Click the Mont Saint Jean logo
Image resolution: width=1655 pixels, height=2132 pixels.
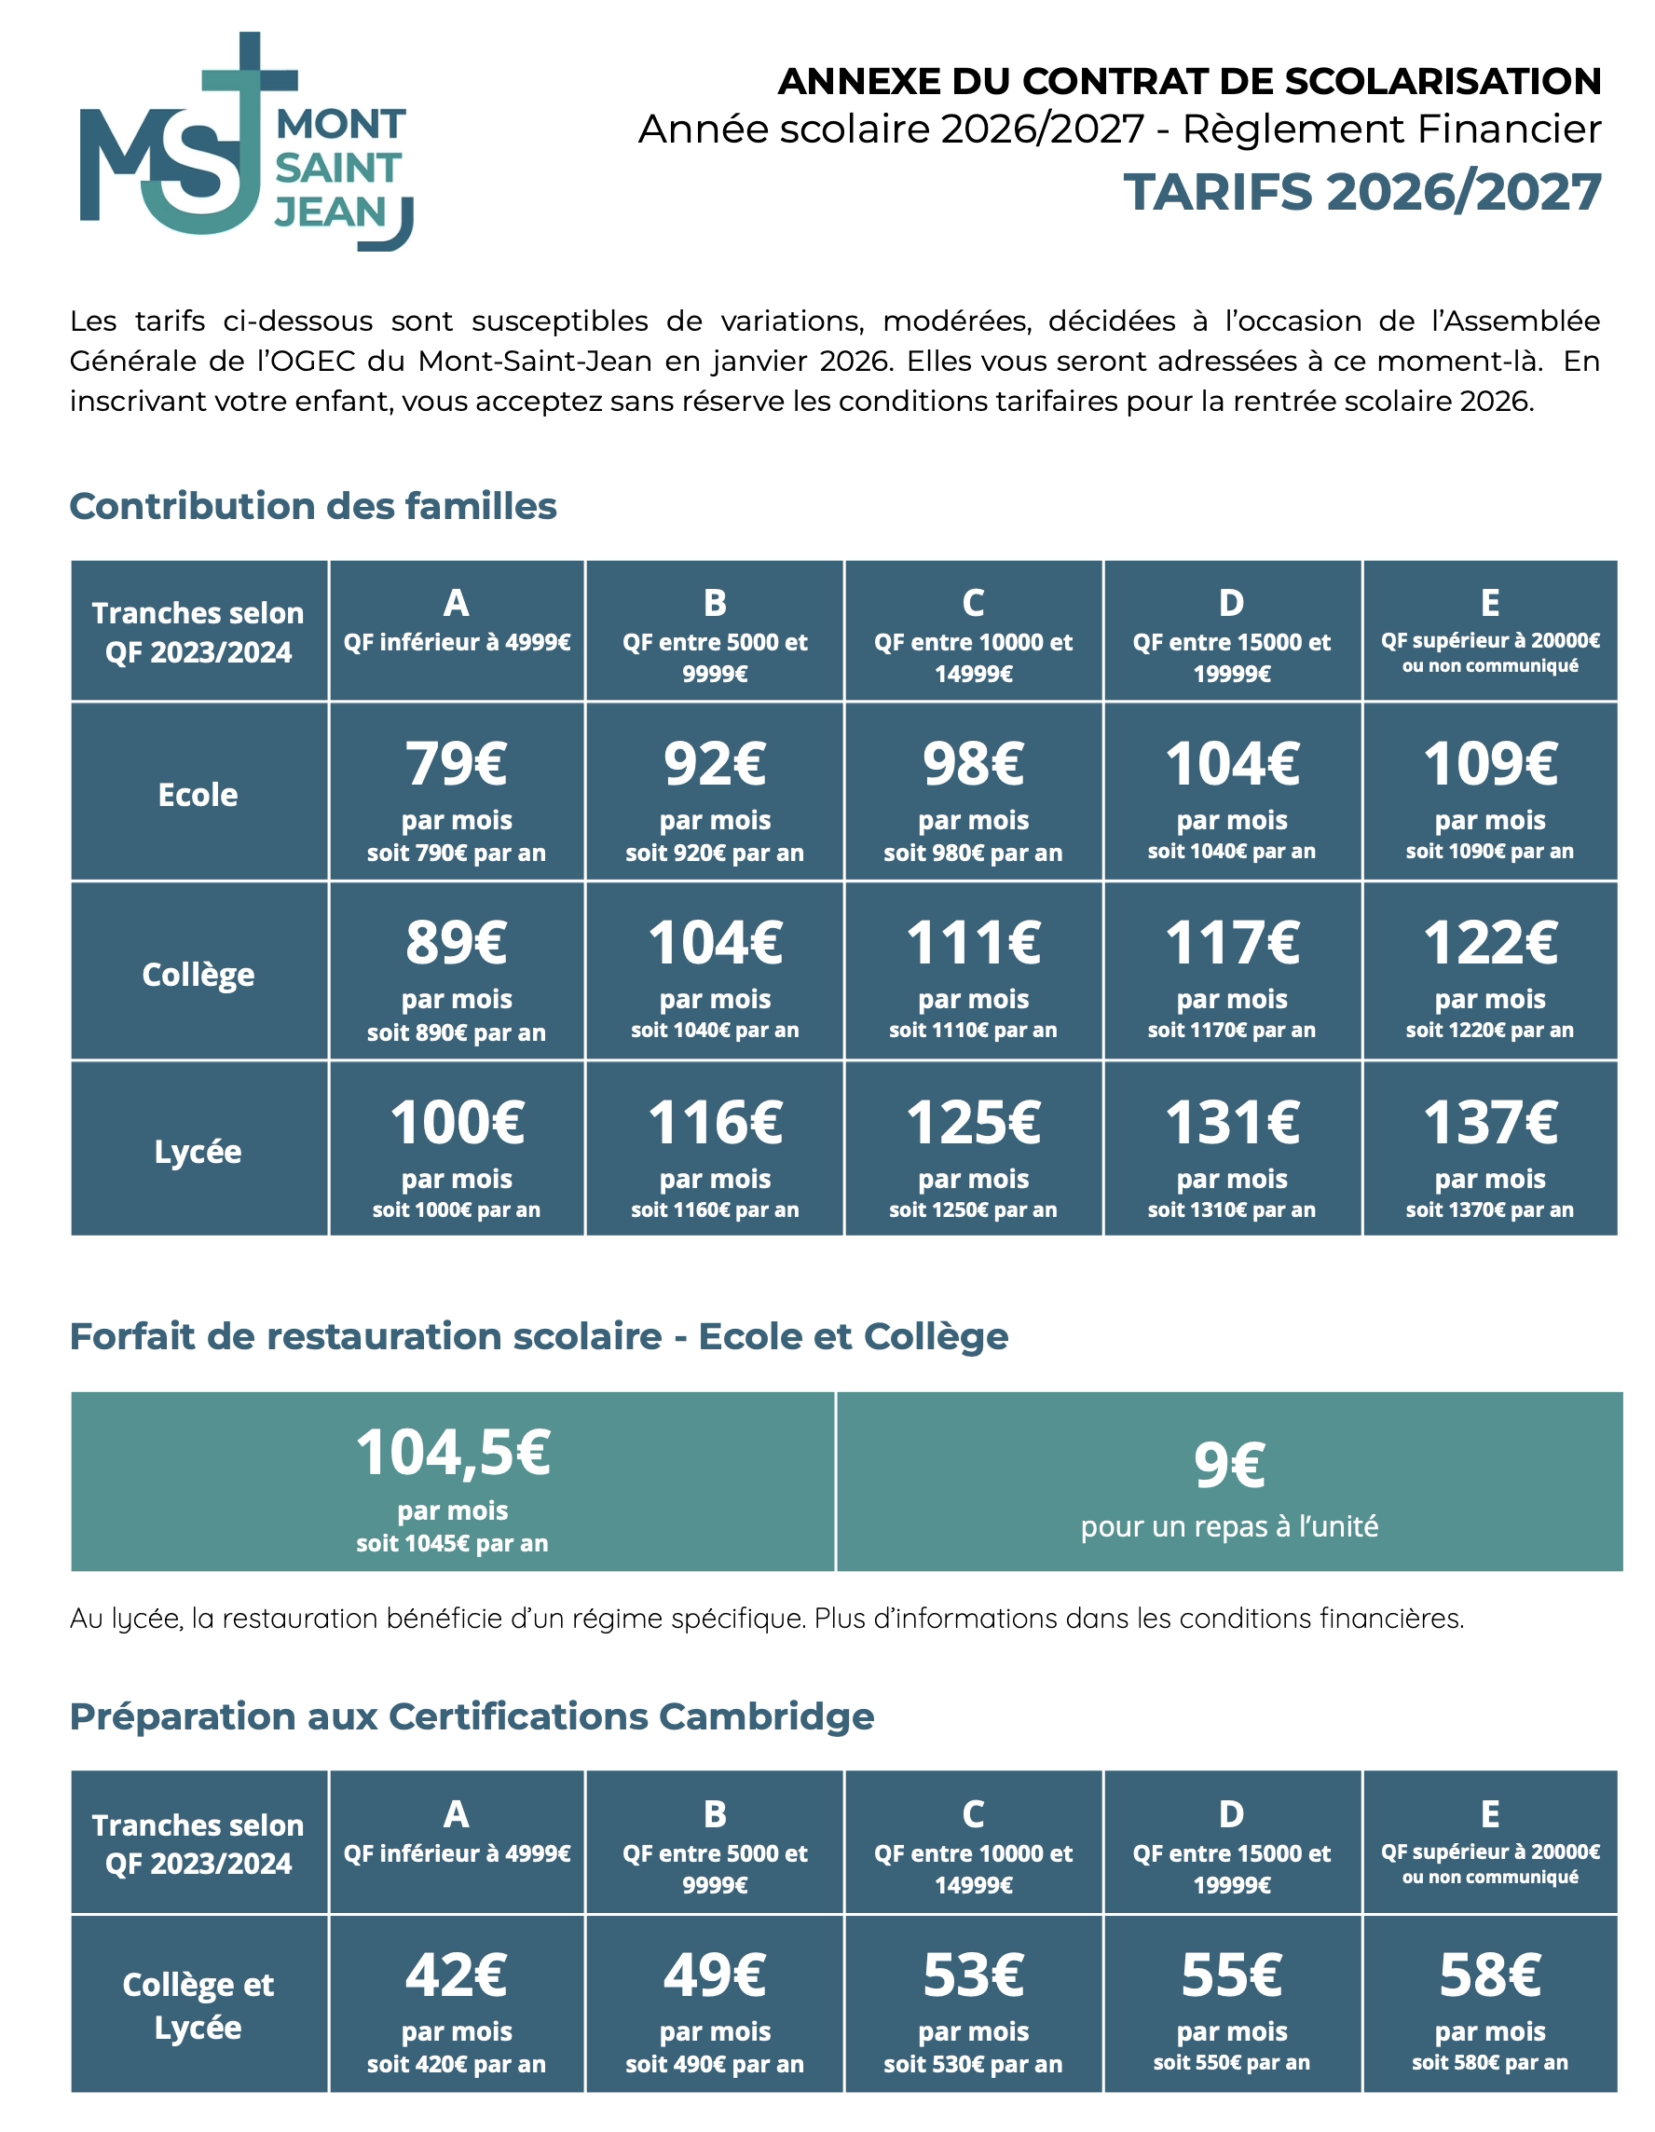tap(244, 142)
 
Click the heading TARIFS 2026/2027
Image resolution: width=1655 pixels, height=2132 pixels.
tap(1361, 191)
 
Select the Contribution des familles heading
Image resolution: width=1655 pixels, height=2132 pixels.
tap(312, 507)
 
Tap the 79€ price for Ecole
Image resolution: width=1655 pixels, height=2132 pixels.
tap(456, 763)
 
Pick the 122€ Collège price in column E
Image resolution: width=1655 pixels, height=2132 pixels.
tap(1489, 943)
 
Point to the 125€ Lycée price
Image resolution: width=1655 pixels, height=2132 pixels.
tap(973, 1123)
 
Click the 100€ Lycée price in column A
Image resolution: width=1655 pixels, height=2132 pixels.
tap(456, 1123)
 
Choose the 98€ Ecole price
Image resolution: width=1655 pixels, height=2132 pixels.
tap(973, 763)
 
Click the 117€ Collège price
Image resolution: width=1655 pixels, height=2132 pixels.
tap(1231, 943)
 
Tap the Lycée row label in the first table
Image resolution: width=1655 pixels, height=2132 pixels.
tap(198, 1152)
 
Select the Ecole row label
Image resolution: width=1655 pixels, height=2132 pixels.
tap(198, 795)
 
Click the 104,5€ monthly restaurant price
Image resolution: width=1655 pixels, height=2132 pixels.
tap(453, 1453)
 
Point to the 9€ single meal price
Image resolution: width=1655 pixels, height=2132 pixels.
tap(1229, 1464)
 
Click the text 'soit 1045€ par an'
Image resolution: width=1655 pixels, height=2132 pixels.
tap(452, 1543)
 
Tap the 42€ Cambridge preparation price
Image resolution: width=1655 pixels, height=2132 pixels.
tap(456, 1975)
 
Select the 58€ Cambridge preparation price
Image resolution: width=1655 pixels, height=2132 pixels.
tap(1489, 1975)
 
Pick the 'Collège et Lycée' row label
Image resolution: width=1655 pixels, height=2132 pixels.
tap(198, 2005)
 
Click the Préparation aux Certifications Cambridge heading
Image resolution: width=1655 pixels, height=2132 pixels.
tap(472, 1716)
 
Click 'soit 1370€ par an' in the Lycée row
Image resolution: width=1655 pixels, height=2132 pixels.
tap(1489, 1209)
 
